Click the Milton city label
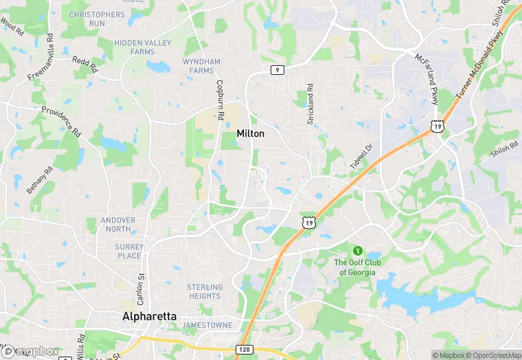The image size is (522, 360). (x=250, y=133)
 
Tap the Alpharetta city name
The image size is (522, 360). (x=149, y=317)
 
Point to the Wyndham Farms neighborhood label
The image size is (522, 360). (x=202, y=66)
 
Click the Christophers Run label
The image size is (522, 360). (x=97, y=19)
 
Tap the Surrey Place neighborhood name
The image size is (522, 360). (x=129, y=251)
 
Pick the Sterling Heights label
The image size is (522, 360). (x=205, y=291)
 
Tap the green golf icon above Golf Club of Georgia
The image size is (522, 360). (x=356, y=250)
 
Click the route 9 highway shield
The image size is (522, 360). (x=277, y=69)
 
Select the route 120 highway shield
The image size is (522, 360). (x=243, y=350)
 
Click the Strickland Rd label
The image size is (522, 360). (x=310, y=104)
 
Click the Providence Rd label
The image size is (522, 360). (x=61, y=122)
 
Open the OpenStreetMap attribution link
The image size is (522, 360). (x=492, y=355)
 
